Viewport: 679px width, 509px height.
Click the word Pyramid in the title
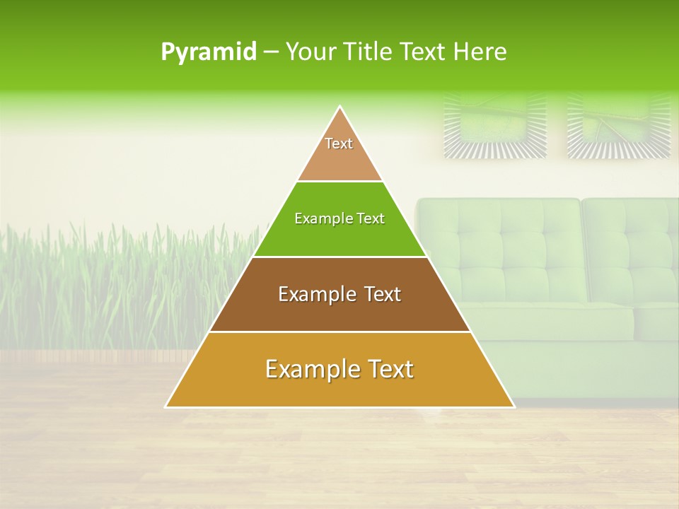pos(208,52)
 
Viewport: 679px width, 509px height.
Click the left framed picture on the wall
pos(495,125)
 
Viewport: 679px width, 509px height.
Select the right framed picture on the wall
pos(619,125)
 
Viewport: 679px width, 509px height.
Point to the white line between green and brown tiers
pos(339,257)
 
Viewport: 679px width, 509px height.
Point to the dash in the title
pos(270,52)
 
